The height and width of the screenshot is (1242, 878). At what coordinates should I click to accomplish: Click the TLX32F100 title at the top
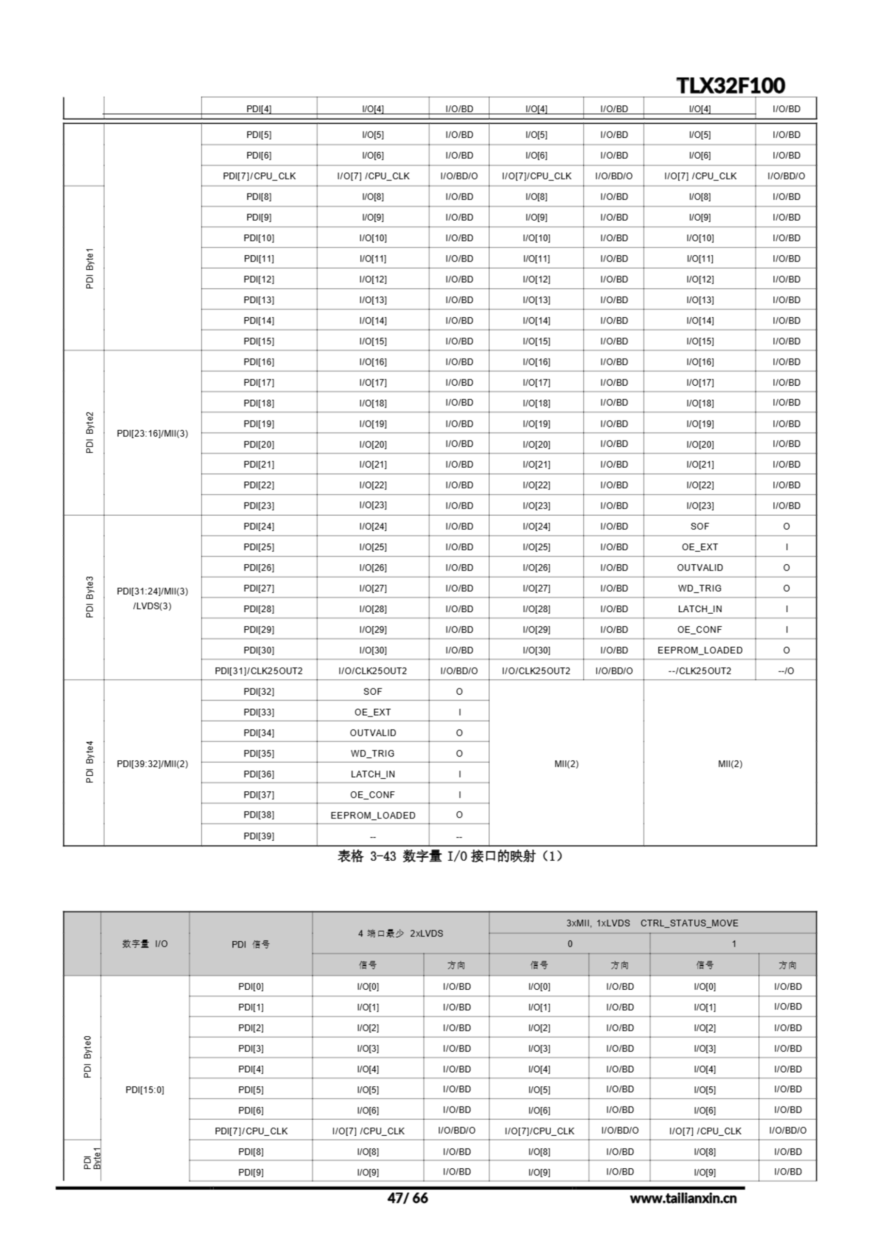tap(731, 85)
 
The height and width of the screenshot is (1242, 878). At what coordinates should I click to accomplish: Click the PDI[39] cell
tap(258, 836)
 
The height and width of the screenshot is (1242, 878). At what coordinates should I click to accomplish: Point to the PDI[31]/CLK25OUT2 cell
tap(258, 671)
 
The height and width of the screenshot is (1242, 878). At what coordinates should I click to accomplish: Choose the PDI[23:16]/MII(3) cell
tap(152, 433)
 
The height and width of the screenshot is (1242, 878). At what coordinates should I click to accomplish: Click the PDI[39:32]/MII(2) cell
tap(152, 764)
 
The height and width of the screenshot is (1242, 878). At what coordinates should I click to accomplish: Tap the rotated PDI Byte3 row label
tap(90, 597)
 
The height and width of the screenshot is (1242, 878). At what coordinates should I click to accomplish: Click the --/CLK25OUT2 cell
tap(699, 671)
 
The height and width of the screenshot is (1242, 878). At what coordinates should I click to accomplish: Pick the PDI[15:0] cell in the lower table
tap(144, 1090)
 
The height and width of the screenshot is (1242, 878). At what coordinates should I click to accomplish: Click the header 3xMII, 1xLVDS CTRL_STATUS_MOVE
tap(652, 923)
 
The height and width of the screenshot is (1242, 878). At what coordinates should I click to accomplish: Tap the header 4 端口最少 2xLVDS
tap(400, 933)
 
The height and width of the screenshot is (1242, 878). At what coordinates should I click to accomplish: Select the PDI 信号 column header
tap(250, 944)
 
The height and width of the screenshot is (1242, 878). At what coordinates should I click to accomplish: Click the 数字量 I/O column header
tap(144, 944)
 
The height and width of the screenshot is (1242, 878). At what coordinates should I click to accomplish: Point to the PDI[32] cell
tap(258, 691)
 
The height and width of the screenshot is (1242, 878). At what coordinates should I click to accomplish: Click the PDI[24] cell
tap(258, 526)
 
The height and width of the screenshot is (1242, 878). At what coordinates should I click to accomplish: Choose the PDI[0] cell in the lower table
tap(250, 986)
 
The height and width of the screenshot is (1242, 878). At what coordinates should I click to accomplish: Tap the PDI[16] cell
tap(258, 362)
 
